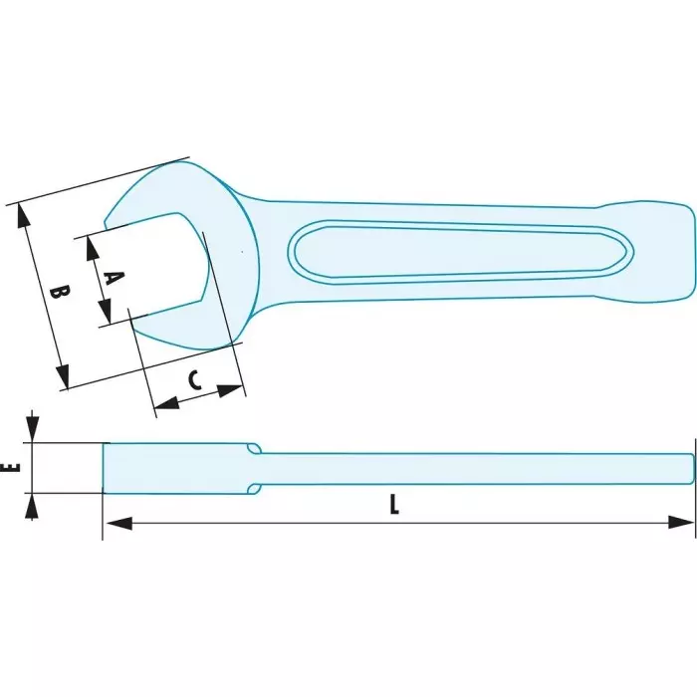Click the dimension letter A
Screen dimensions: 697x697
coord(113,278)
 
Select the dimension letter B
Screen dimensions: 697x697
coord(59,295)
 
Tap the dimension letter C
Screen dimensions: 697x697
coord(195,378)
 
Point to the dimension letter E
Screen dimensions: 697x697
coord(9,467)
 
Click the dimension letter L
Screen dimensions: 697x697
coord(394,506)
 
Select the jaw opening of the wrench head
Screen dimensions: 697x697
coord(164,269)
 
